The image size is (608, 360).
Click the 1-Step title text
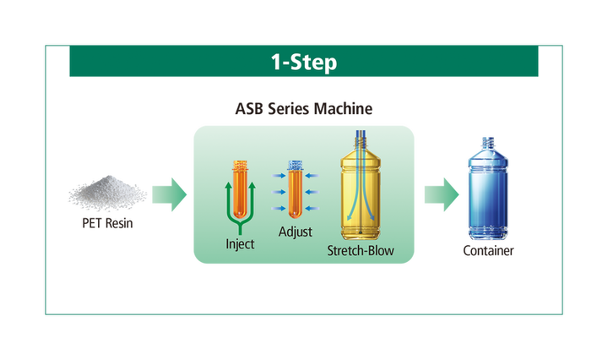[x=303, y=63]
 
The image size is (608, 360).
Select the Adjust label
[x=295, y=230]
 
